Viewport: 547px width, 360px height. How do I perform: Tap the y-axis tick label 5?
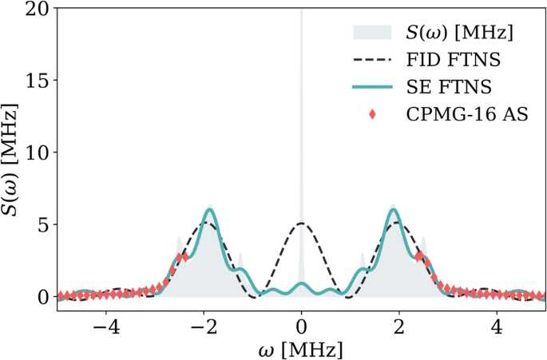(x=42, y=224)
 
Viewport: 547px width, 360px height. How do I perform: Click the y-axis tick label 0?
(x=42, y=296)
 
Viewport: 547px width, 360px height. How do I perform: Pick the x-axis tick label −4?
(x=106, y=327)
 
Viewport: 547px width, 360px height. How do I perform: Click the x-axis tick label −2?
(x=204, y=327)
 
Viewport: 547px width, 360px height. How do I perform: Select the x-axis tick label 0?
(x=301, y=327)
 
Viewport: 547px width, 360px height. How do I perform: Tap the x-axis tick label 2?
(x=398, y=327)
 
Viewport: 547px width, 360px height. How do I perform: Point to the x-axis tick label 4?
(x=496, y=327)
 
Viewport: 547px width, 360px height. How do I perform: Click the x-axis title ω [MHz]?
(x=301, y=349)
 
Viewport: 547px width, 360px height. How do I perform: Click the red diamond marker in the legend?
(x=371, y=116)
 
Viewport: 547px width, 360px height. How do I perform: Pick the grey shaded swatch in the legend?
(x=371, y=33)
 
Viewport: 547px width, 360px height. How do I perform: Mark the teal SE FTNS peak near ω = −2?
(x=209, y=210)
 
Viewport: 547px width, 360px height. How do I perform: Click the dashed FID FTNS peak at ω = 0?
(x=301, y=224)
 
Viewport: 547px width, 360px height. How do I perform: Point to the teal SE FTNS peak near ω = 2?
(x=393, y=210)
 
